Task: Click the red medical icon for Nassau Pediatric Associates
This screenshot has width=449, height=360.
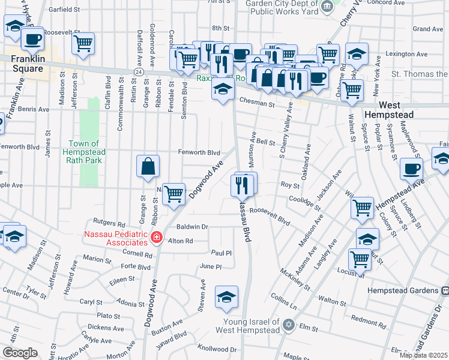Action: (157, 238)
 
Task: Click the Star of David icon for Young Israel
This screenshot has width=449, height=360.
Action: (288, 325)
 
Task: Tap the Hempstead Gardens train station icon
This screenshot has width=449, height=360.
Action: (445, 290)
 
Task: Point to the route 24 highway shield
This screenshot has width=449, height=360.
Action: (139, 71)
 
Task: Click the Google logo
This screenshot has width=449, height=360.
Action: (20, 353)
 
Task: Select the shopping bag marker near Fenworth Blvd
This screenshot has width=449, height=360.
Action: (148, 166)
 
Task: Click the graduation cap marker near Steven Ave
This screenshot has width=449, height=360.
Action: (226, 297)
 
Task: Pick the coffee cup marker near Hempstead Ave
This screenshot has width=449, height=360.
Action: (411, 169)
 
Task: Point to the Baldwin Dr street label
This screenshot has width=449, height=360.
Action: (192, 227)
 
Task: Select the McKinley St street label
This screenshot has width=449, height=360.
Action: (295, 280)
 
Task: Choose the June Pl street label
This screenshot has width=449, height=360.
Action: (211, 266)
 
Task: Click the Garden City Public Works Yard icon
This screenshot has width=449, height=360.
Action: (327, 7)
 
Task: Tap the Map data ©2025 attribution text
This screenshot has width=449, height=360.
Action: (423, 355)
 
